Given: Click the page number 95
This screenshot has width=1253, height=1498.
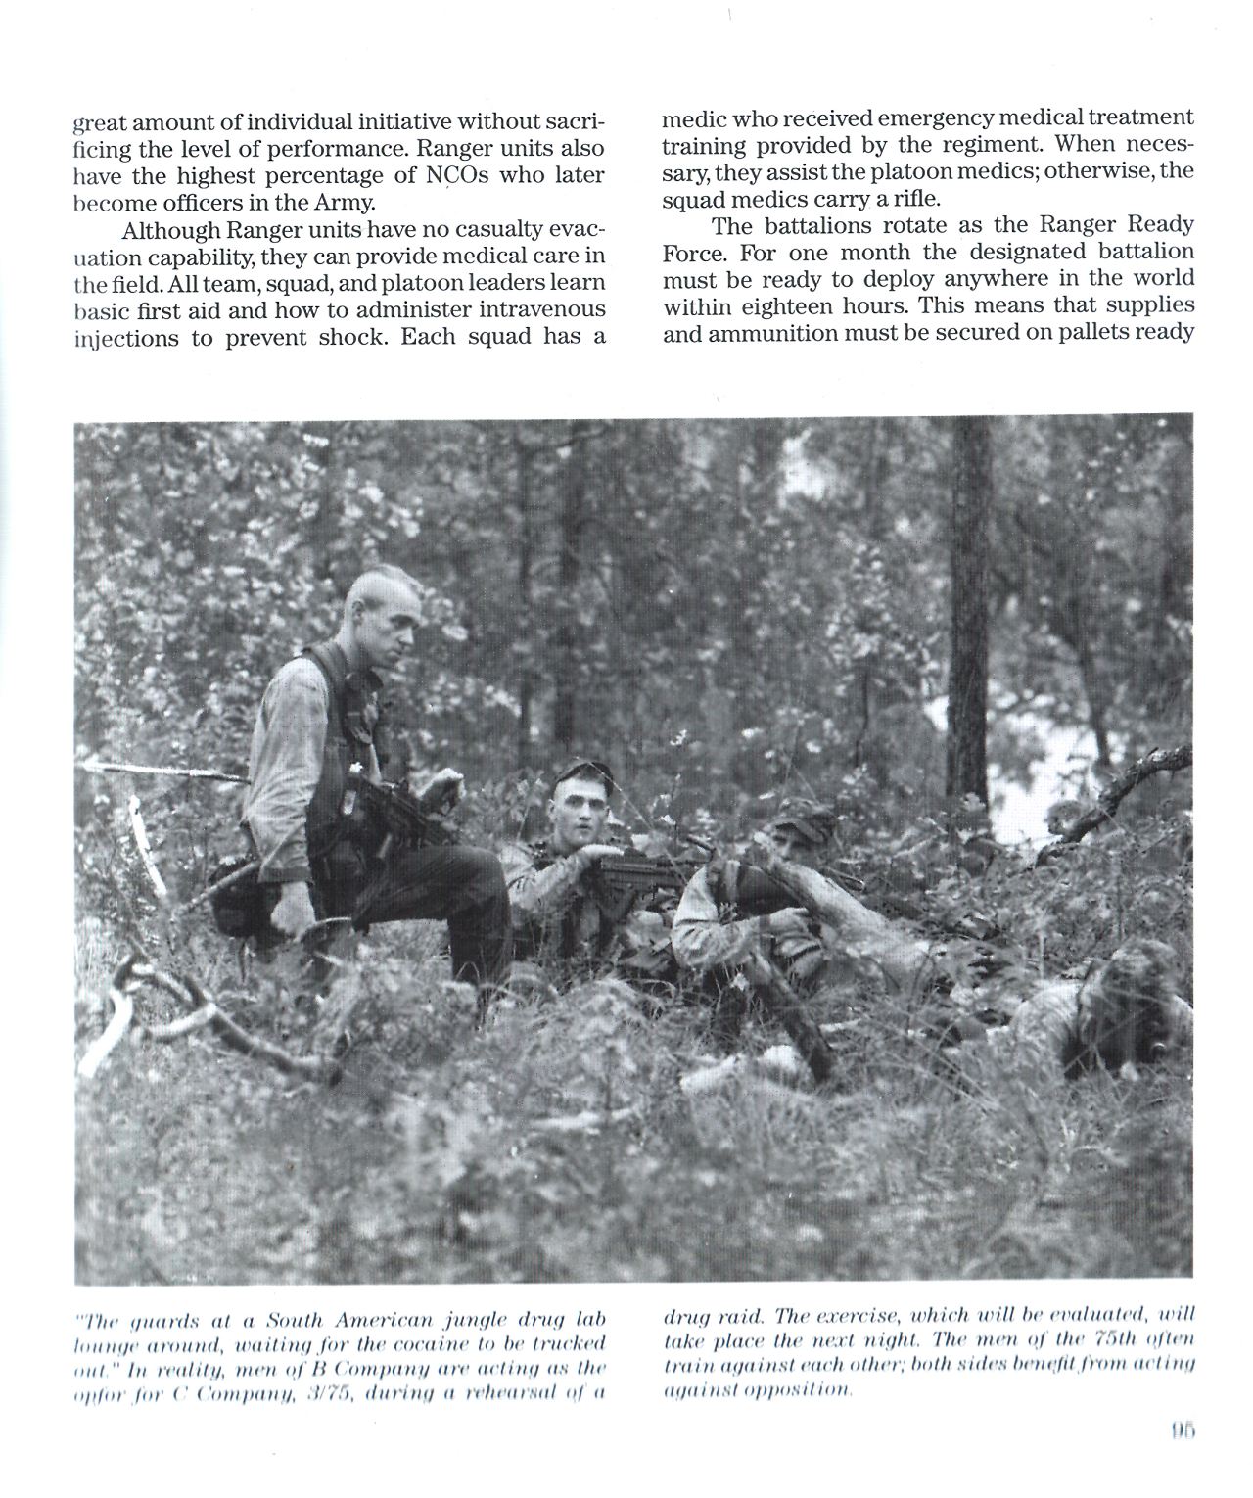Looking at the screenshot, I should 1181,1431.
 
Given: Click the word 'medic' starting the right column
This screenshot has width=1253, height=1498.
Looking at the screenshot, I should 691,119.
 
